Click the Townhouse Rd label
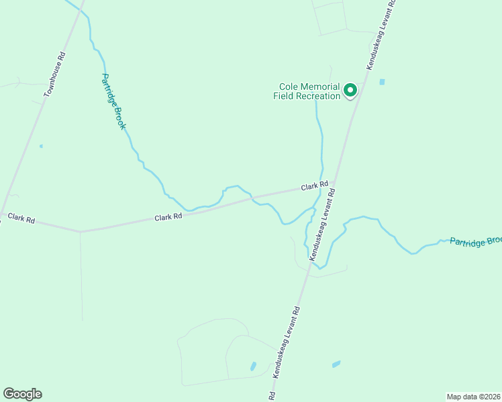tap(55, 75)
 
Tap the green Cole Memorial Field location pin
tap(350, 90)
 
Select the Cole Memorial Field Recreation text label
tap(307, 91)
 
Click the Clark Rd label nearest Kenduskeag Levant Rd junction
tap(314, 186)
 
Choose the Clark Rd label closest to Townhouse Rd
tap(21, 218)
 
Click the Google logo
tap(22, 394)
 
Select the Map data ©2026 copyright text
tap(473, 397)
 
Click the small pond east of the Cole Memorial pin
tap(382, 82)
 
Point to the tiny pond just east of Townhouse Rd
tap(41, 146)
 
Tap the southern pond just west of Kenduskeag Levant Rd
tap(253, 366)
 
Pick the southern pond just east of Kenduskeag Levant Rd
tap(336, 364)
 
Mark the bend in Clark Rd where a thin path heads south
tap(80, 232)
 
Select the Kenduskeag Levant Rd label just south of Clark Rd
tap(322, 224)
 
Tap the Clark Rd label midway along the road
tap(168, 217)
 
